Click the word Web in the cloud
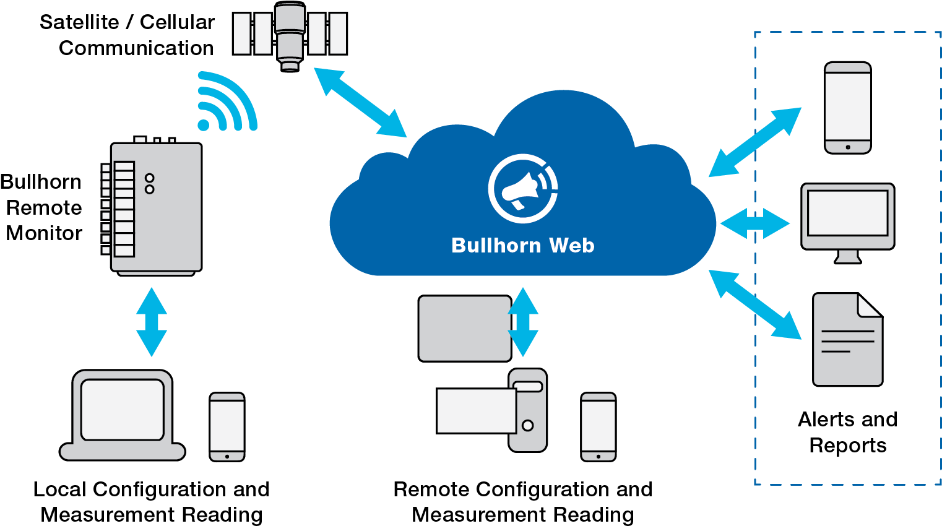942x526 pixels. pyautogui.click(x=571, y=246)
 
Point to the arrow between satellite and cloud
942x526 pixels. pyautogui.click(x=360, y=102)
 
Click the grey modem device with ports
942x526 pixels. pyautogui.click(x=156, y=207)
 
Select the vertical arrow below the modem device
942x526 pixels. pyautogui.click(x=152, y=322)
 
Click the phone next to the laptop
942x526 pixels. pyautogui.click(x=227, y=427)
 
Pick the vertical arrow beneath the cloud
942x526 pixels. pyautogui.click(x=523, y=322)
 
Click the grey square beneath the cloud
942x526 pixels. pyautogui.click(x=464, y=329)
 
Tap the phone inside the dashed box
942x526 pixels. pyautogui.click(x=848, y=108)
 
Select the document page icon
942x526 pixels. pyautogui.click(x=847, y=340)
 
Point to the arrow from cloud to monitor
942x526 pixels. pyautogui.click(x=755, y=223)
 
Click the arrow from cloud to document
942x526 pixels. pyautogui.click(x=754, y=304)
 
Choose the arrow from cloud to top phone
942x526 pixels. pyautogui.click(x=755, y=142)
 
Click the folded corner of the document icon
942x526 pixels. pyautogui.click(x=869, y=305)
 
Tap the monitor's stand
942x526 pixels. pyautogui.click(x=848, y=256)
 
